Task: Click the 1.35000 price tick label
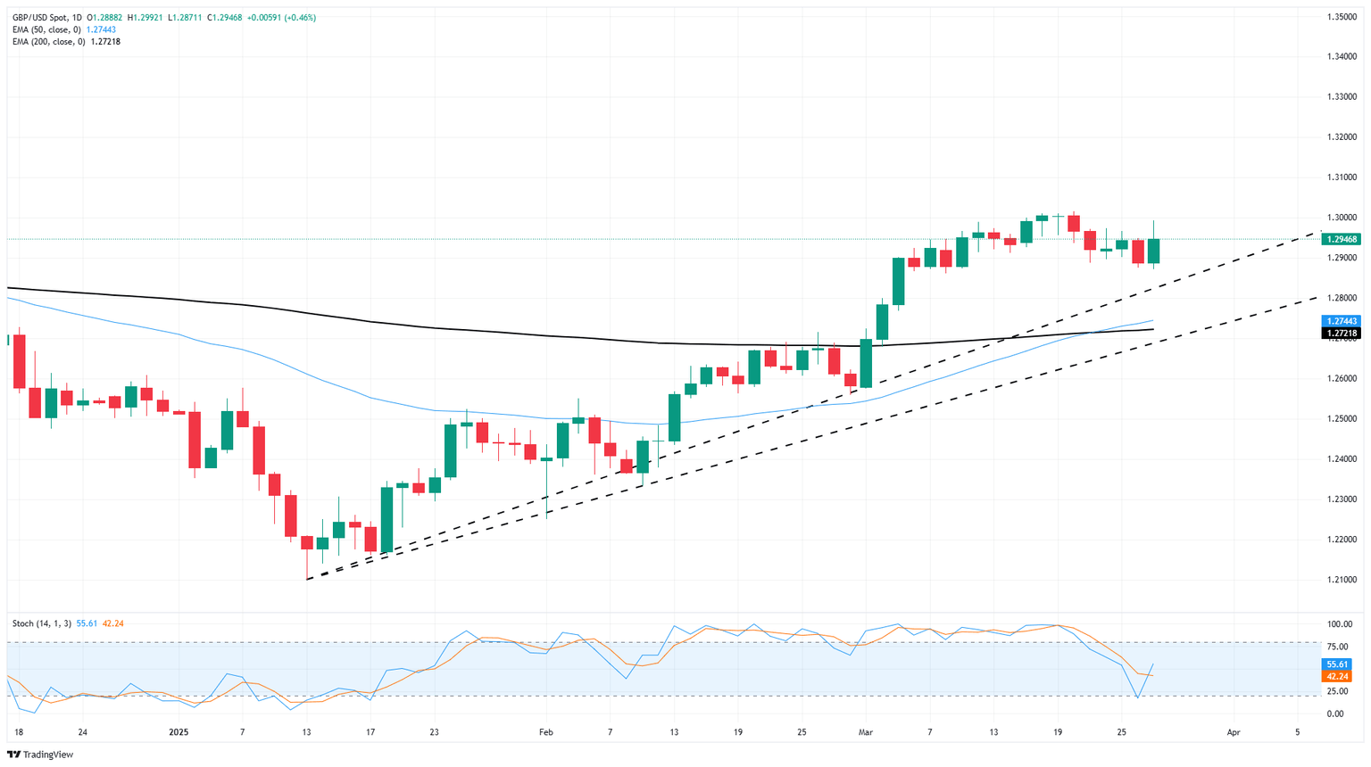1342,17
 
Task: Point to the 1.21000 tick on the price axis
1342,580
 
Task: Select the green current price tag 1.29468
1342,239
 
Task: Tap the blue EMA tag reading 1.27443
1342,321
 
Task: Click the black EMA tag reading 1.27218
1342,334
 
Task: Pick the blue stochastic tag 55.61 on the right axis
1337,664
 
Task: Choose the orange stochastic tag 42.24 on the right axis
1337,677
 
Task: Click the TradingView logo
40,755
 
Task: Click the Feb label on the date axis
546,732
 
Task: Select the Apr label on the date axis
1234,732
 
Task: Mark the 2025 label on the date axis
179,732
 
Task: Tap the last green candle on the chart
1154,251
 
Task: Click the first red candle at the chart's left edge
19,361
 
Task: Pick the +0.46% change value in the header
297,17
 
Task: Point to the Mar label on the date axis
865,732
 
